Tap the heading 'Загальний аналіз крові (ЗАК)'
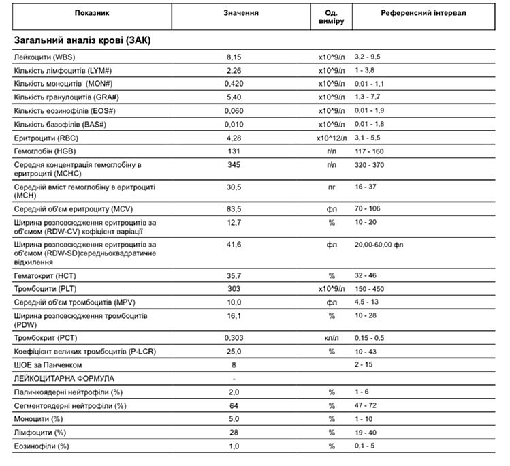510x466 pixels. (82, 40)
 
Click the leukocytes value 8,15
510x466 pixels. (234, 56)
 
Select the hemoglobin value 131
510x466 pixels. (234, 151)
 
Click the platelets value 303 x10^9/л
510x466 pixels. (234, 289)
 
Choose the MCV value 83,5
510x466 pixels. (234, 208)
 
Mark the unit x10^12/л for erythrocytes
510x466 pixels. (331, 138)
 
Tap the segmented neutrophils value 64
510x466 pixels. (234, 405)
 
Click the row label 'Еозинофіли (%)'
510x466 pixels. (42, 446)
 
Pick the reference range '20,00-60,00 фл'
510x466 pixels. (379, 244)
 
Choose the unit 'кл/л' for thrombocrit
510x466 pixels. (332, 337)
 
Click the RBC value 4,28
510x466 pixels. (234, 138)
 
